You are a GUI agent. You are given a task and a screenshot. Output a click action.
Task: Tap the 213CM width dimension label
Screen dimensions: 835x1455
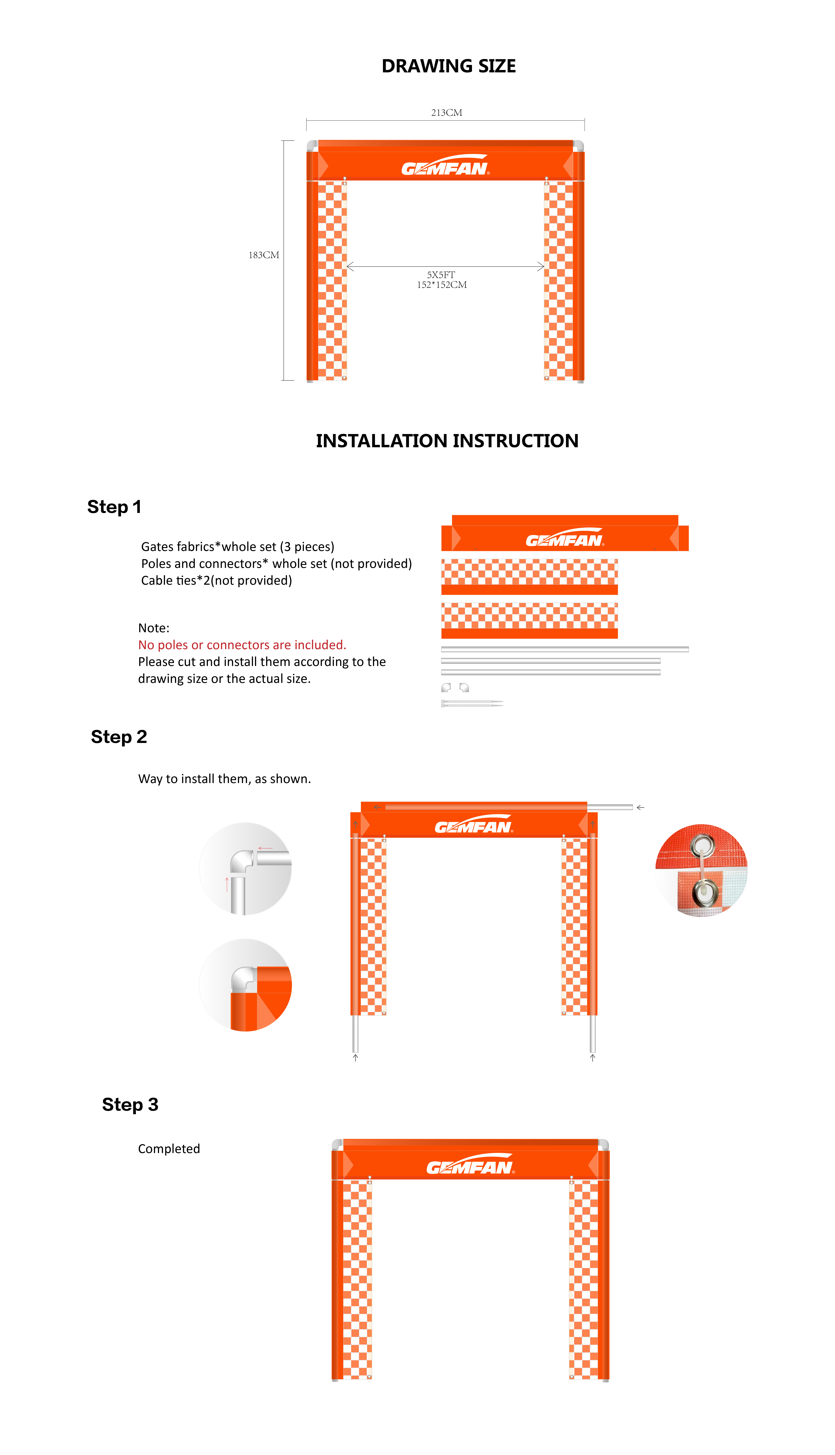tap(447, 112)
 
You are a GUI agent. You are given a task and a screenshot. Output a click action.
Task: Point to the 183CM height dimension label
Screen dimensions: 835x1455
tap(264, 255)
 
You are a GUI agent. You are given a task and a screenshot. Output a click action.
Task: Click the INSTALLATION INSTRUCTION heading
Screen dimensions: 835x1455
tap(447, 441)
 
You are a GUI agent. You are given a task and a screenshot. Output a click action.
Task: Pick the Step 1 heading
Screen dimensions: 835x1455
tap(114, 507)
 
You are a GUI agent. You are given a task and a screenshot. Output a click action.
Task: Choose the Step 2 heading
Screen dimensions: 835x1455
tap(119, 737)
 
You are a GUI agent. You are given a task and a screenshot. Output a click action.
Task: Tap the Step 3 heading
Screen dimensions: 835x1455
tap(130, 1105)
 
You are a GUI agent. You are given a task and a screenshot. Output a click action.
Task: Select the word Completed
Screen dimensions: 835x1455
tap(169, 1148)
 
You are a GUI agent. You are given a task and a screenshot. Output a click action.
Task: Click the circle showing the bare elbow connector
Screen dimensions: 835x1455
tap(245, 869)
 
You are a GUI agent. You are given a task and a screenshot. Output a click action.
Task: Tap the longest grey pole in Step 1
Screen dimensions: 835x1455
tap(565, 649)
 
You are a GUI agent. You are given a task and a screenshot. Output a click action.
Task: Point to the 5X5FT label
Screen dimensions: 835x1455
tap(441, 275)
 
